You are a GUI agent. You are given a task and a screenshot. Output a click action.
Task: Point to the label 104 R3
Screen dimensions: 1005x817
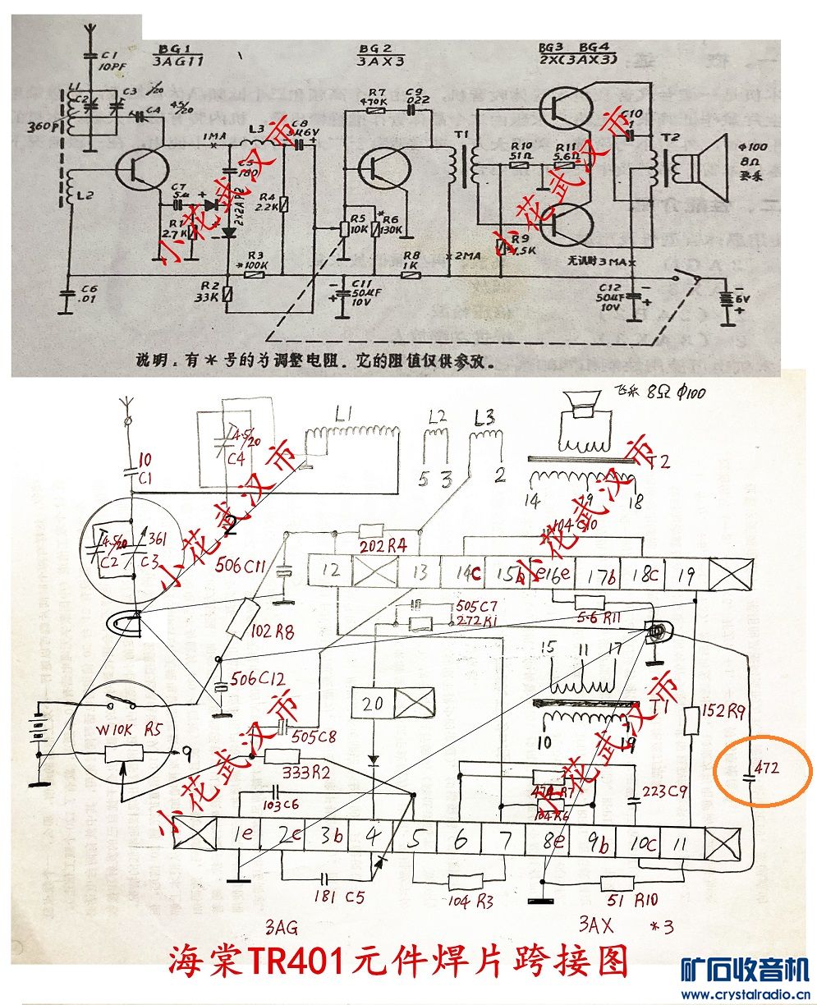[472, 902]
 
